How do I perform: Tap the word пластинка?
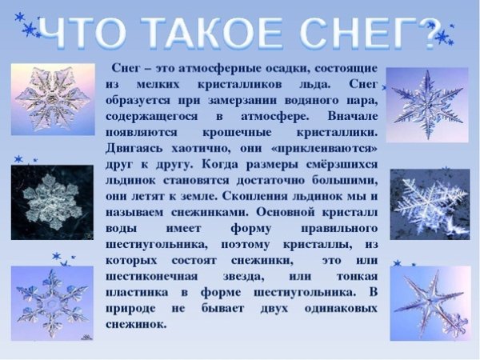coord(137,293)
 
